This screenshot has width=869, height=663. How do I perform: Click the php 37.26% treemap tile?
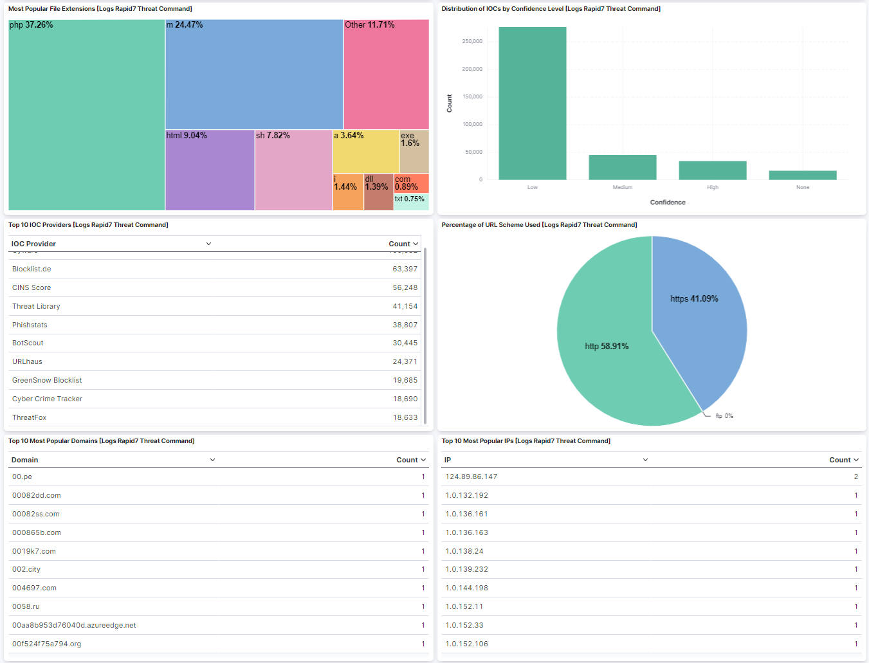87,116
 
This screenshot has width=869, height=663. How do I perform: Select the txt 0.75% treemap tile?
411,202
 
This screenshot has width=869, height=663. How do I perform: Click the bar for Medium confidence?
623,167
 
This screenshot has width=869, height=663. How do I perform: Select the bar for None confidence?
803,175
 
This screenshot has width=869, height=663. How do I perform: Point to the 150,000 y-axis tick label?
472,96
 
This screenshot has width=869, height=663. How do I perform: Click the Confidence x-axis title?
668,203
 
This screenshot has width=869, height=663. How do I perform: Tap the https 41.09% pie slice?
698,309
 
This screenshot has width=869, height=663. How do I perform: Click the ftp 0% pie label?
724,416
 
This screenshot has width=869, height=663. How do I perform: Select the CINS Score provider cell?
32,287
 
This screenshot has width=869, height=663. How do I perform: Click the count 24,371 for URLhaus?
405,361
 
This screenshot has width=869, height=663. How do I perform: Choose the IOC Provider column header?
33,244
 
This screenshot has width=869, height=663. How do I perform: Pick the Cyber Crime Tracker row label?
47,399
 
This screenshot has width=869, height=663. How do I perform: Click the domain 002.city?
26,569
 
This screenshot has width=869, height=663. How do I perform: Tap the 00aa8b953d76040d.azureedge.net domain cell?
74,625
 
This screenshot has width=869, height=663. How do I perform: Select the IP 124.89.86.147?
471,477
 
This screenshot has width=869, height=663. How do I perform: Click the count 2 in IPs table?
856,477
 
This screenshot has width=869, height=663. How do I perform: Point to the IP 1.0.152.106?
467,644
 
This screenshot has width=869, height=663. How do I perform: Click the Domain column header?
25,460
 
